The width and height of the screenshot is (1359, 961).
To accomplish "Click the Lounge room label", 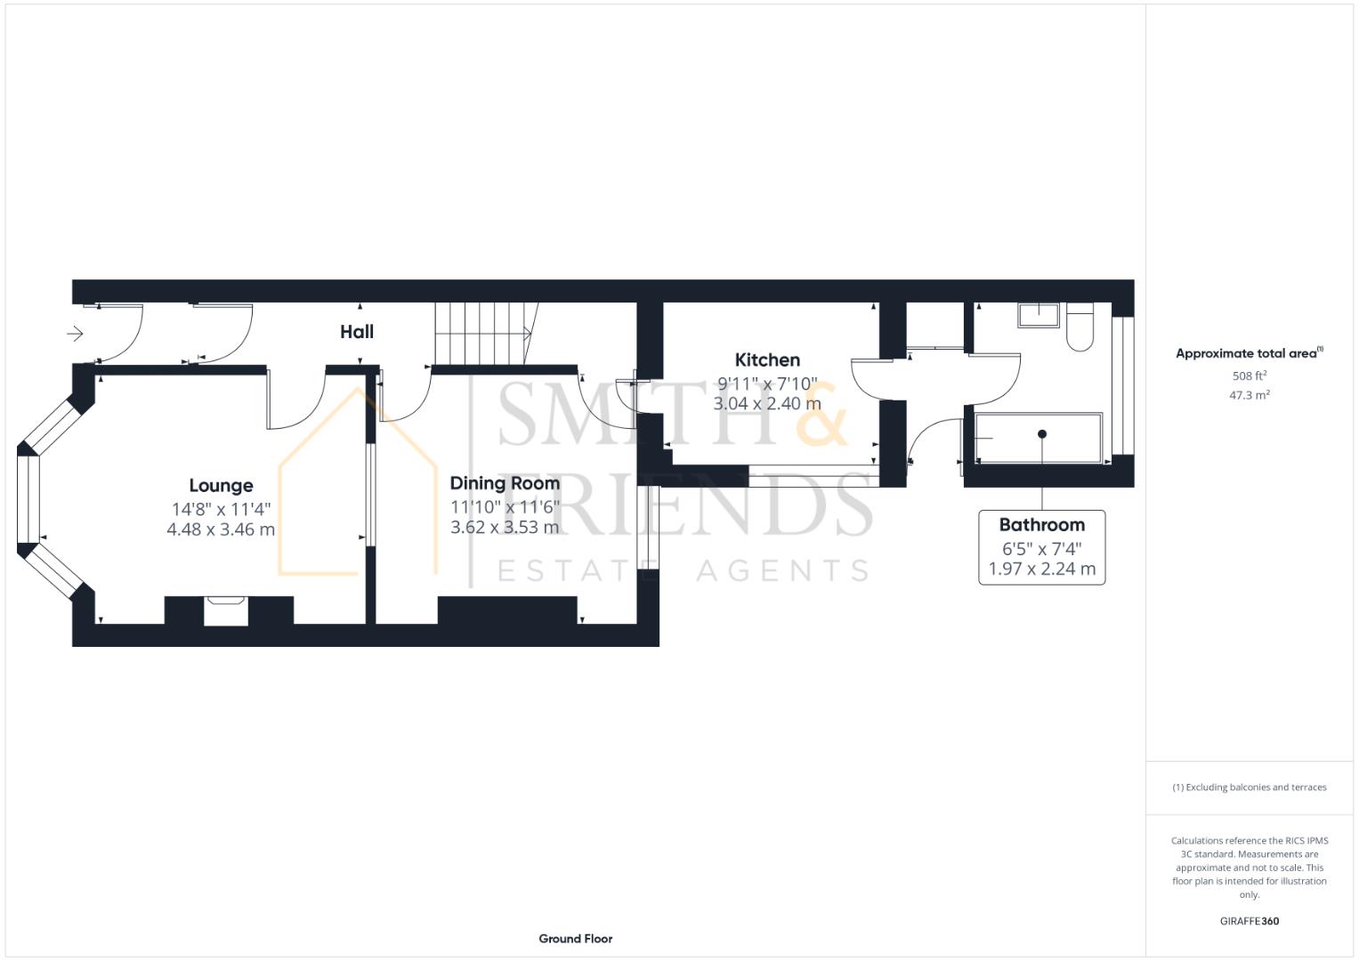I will pyautogui.click(x=221, y=486).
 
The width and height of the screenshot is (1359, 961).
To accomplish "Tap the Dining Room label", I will pyautogui.click(x=505, y=483).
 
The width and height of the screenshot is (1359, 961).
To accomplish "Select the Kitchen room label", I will pyautogui.click(x=767, y=360).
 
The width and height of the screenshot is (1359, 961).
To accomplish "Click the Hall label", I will pyautogui.click(x=357, y=332).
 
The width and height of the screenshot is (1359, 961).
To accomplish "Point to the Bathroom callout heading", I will pyautogui.click(x=1041, y=525).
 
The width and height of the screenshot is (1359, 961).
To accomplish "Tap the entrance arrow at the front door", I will pyautogui.click(x=76, y=334).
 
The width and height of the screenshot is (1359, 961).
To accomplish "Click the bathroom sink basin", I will pyautogui.click(x=1039, y=315).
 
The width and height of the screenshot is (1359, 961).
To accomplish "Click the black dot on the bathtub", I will pyautogui.click(x=1042, y=434).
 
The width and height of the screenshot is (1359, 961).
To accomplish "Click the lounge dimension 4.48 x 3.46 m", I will pyautogui.click(x=221, y=529).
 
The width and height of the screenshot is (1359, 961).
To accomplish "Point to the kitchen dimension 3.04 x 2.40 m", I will pyautogui.click(x=767, y=404).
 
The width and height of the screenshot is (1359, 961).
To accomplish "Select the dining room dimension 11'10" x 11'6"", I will pyautogui.click(x=505, y=507).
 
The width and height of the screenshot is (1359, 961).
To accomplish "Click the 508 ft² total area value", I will pyautogui.click(x=1249, y=376).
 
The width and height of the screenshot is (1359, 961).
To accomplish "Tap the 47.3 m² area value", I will pyautogui.click(x=1249, y=395).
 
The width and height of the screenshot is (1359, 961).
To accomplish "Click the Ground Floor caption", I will pyautogui.click(x=575, y=939).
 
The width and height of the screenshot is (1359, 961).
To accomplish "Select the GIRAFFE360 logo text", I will pyautogui.click(x=1249, y=921).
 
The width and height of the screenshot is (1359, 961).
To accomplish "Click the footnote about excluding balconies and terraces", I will pyautogui.click(x=1249, y=787).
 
